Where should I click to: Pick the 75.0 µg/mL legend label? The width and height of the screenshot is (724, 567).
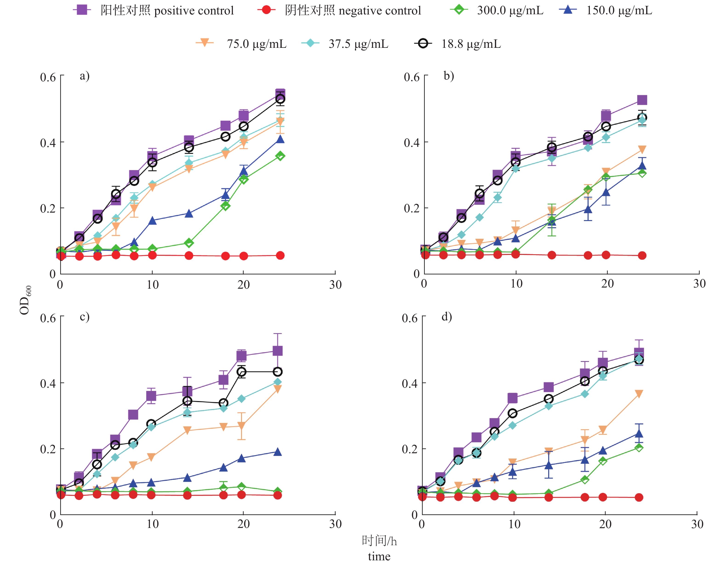256,44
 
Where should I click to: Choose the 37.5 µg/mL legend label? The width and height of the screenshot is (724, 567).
358,44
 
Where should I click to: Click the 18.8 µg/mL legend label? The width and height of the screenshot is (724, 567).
471,44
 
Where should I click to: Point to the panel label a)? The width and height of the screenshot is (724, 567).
84,76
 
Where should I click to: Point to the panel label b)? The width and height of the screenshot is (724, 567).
448,76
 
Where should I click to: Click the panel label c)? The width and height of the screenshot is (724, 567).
84,317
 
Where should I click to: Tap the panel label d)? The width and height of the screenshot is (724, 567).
447,317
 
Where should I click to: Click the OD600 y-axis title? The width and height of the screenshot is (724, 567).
26,300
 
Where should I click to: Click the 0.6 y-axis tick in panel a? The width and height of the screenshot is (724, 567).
48,77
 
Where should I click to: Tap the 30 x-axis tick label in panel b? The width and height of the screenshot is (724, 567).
699,284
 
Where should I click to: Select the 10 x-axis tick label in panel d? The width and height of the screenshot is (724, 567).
514,524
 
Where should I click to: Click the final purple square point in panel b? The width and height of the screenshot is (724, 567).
642,100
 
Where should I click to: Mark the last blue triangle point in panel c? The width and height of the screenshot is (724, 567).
277,452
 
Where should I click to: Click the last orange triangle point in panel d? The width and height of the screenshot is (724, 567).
639,394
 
